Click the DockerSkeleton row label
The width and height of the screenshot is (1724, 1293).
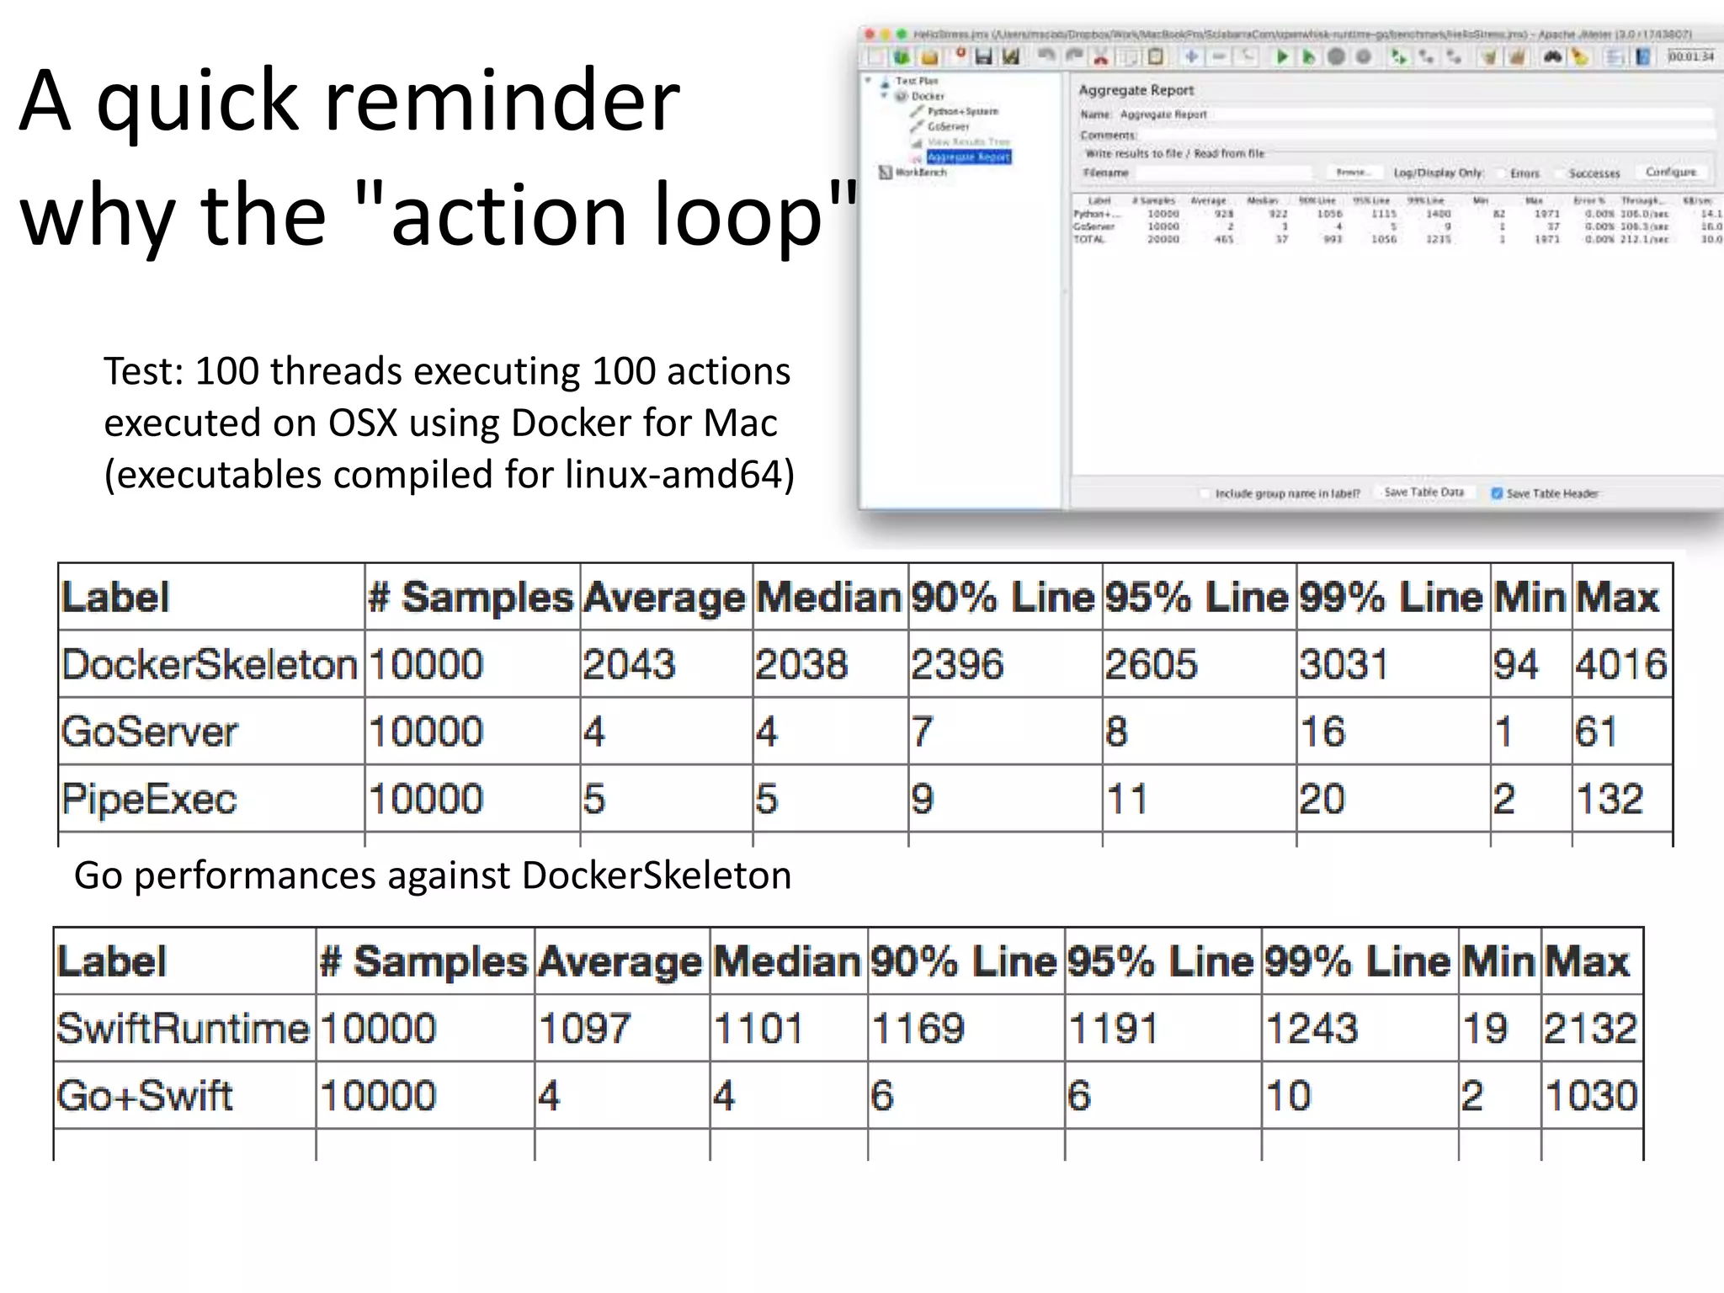210,664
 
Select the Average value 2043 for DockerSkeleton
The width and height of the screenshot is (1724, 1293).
629,664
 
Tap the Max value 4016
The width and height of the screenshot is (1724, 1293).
1620,664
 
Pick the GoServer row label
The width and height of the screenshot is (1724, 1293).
150,732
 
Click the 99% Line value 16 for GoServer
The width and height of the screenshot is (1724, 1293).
1322,732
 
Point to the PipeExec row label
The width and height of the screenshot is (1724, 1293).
149,799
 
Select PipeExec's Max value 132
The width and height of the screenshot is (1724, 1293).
1609,799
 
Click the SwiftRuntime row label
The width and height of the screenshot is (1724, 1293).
183,1029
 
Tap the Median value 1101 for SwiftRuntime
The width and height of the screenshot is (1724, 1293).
758,1029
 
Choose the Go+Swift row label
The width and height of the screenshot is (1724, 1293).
144,1096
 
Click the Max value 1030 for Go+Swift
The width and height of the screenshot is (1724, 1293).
1591,1096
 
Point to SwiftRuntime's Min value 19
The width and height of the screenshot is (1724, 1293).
1485,1029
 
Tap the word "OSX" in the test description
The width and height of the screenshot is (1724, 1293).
363,423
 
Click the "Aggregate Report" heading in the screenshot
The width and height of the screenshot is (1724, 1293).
1136,90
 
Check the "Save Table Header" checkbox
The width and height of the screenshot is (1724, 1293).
1497,493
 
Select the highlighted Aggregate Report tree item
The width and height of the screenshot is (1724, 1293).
968,157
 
